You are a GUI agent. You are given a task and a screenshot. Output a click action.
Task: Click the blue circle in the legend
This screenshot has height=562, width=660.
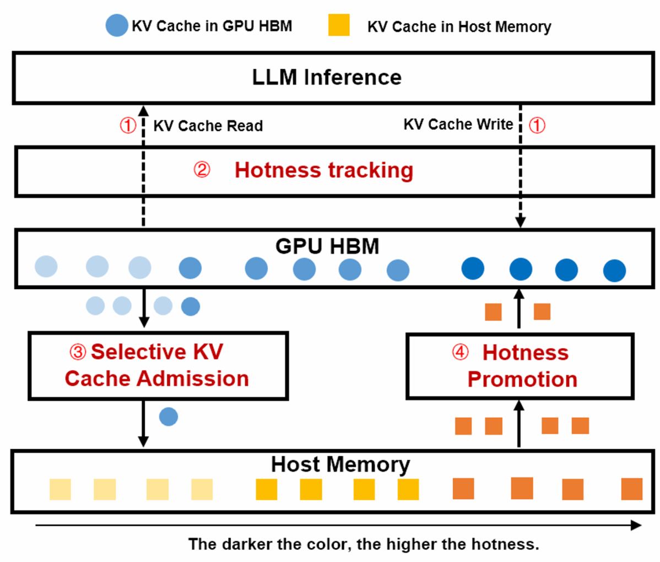point(117,26)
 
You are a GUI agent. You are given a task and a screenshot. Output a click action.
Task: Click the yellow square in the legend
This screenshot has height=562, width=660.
point(339,26)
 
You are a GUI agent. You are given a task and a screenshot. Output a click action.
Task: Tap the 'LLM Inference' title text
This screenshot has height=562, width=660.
point(327,78)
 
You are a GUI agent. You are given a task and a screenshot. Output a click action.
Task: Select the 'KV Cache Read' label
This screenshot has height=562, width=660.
point(208,126)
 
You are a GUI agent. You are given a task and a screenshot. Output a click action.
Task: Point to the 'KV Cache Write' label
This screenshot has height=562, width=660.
point(458,125)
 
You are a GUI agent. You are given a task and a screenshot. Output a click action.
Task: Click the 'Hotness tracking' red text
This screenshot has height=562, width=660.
point(324,170)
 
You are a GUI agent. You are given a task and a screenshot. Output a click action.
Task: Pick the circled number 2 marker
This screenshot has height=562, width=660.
point(202,170)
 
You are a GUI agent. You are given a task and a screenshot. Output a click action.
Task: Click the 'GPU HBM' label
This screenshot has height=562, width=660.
point(327,246)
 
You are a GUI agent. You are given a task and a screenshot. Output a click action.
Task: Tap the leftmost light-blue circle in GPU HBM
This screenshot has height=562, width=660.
point(46,267)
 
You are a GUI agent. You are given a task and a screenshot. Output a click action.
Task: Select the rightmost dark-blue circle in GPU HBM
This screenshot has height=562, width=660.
point(614,271)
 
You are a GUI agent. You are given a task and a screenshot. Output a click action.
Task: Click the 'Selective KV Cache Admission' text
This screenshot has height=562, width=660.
point(157,365)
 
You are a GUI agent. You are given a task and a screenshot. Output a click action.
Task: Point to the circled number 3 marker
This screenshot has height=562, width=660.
point(78,352)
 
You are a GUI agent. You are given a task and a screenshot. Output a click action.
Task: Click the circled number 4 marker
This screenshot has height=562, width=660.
point(460,352)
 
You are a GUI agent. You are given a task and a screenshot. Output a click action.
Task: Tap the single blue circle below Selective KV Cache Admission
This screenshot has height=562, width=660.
point(169,417)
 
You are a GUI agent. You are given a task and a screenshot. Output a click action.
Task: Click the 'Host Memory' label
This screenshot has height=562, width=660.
point(340,464)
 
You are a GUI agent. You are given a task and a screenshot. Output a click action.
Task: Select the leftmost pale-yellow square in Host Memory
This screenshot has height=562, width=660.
point(60,489)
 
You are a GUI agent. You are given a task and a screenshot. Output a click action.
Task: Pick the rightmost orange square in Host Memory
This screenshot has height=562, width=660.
point(631,489)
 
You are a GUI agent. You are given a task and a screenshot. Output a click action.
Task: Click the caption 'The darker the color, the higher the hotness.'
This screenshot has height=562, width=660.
point(364,544)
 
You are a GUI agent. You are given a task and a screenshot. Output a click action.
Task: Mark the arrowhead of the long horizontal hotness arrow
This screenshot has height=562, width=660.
point(636,525)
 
